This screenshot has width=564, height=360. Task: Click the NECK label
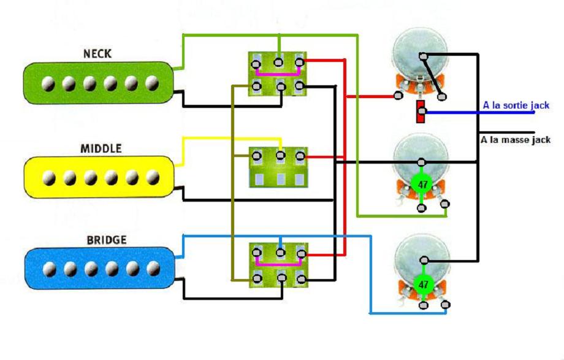tap(97, 54)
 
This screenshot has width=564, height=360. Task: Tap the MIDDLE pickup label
tap(101, 148)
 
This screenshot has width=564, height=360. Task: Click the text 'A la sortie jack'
tap(516, 105)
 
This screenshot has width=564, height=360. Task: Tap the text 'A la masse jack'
tap(515, 140)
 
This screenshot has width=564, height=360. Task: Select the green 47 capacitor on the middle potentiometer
tap(421, 183)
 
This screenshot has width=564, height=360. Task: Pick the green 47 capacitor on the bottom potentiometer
tap(422, 283)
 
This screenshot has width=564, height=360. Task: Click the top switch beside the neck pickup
tap(277, 74)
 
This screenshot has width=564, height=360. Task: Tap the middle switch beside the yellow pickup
tap(277, 167)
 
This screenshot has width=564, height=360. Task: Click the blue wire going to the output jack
tap(466, 113)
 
